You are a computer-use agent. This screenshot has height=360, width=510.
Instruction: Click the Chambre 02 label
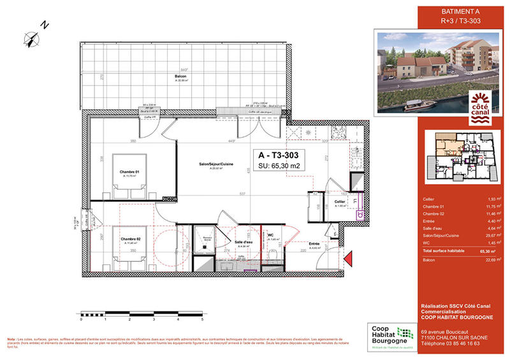point(130,240)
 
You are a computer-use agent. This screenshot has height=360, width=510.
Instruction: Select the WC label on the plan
point(270,235)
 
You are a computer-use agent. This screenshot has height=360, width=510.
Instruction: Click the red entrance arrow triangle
point(348,258)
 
